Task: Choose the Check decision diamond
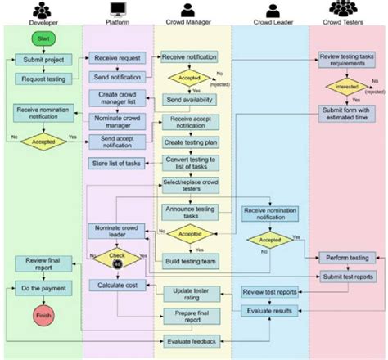tap(118, 260)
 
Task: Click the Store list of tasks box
tap(117, 164)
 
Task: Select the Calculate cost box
tap(117, 285)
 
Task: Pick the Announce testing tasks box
tap(189, 212)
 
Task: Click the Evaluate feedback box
tap(189, 341)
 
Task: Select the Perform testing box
tap(347, 256)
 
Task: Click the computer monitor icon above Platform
tap(118, 10)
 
